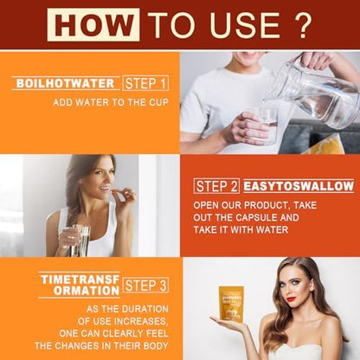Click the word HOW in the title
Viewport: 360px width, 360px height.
tap(93, 24)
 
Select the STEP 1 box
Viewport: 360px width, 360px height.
tap(145, 83)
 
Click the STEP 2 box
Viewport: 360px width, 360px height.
tap(216, 186)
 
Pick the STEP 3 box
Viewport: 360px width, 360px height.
tap(145, 286)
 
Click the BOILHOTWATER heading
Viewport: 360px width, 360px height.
tap(66, 83)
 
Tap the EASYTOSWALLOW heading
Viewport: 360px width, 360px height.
tap(299, 186)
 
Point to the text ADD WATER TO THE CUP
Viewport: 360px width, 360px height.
tap(111, 102)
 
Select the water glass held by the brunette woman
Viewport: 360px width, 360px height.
tap(80, 241)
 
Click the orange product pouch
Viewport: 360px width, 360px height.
tap(231, 303)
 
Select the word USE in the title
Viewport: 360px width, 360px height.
tap(243, 25)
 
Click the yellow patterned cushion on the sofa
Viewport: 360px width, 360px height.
tap(326, 145)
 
